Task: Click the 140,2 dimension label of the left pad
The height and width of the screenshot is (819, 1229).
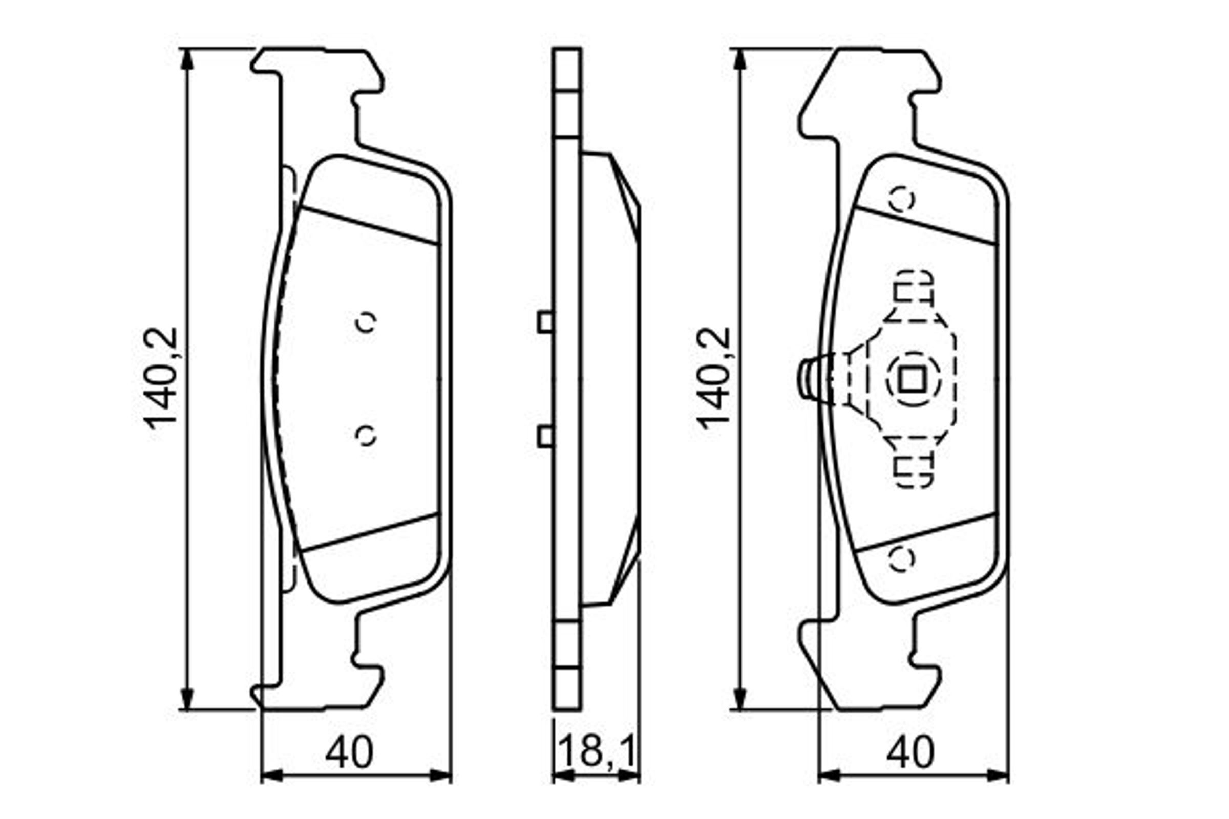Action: (x=161, y=378)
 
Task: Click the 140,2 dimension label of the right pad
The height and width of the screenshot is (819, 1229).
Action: (x=714, y=378)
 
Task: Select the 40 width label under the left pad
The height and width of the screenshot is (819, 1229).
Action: (x=349, y=752)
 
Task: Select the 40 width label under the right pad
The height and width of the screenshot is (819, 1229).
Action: (x=910, y=752)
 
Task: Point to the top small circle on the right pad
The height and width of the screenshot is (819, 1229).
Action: (x=902, y=199)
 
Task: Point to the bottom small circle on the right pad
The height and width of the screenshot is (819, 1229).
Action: (x=902, y=558)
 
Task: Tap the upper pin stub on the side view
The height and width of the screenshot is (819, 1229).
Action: (x=545, y=322)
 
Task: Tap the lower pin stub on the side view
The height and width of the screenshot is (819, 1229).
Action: (x=545, y=437)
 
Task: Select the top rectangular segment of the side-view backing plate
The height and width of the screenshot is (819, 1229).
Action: (x=566, y=69)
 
